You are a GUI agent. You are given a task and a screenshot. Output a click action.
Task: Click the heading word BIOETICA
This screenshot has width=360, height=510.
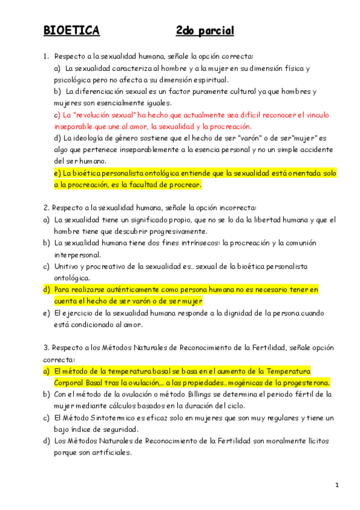click(x=72, y=31)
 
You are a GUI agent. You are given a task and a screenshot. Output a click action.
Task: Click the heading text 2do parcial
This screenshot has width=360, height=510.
click(x=205, y=31)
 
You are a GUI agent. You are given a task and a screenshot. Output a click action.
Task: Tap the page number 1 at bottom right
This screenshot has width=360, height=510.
click(x=338, y=485)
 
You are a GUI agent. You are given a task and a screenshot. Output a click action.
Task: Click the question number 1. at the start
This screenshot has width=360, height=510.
click(x=46, y=56)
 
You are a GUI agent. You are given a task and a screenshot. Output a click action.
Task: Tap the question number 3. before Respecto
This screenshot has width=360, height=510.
click(x=46, y=348)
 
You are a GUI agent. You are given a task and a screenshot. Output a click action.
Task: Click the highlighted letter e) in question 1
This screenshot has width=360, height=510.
click(x=58, y=173)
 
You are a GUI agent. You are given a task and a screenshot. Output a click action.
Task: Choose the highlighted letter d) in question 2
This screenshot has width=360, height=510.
click(x=46, y=289)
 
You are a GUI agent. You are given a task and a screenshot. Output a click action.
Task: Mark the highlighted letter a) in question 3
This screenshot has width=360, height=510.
click(x=46, y=371)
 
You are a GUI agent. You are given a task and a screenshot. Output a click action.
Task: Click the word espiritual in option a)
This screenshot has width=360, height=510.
click(x=207, y=79)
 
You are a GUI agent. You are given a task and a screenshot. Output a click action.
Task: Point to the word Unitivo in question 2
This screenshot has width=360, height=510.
click(x=67, y=266)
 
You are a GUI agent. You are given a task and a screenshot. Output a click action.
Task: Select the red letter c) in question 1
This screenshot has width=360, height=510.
click(x=58, y=114)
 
